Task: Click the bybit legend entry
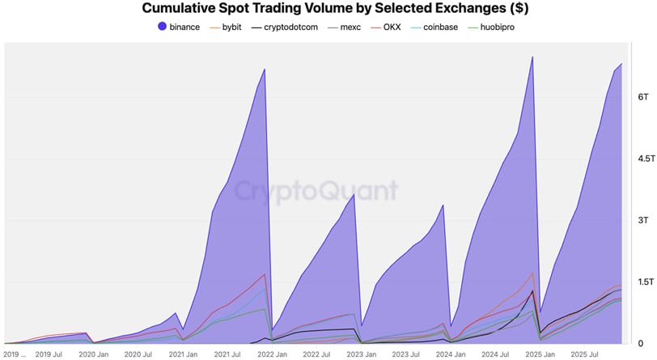pos(226,28)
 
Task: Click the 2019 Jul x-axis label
pos(49,354)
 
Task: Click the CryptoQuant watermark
pos(316,191)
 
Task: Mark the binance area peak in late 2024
pos(532,57)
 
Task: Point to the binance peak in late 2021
pos(265,69)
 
